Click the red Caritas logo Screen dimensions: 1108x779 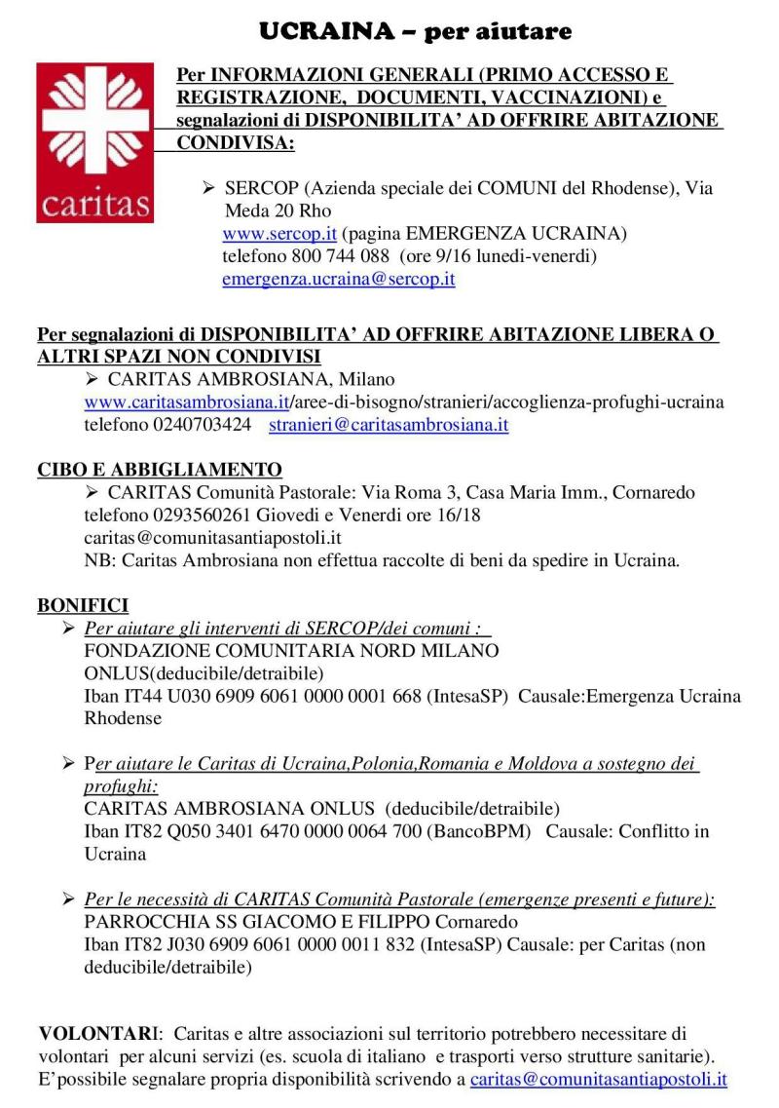pyautogui.click(x=94, y=142)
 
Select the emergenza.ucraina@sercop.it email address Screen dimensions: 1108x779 pyautogui.click(x=339, y=279)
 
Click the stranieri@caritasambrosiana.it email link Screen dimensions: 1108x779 pyautogui.click(x=389, y=425)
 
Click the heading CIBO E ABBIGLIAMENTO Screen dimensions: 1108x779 pyautogui.click(x=160, y=470)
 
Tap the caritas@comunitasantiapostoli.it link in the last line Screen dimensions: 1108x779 pyautogui.click(x=599, y=1079)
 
